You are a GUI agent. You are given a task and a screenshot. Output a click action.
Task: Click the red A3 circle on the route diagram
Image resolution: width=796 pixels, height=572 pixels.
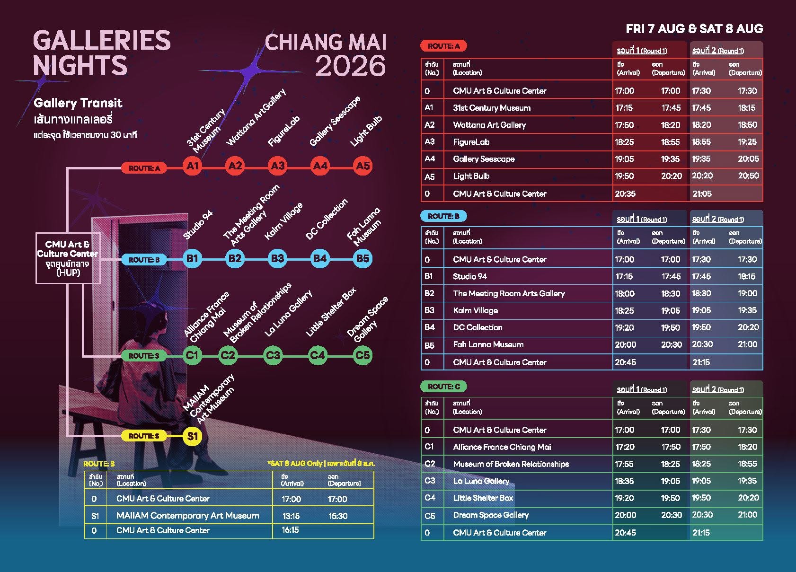tap(278, 166)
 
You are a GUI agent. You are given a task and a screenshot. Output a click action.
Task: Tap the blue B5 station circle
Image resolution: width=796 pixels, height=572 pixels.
tap(363, 258)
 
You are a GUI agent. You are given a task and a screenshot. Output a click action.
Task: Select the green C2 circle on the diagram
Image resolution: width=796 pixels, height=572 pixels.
tap(228, 355)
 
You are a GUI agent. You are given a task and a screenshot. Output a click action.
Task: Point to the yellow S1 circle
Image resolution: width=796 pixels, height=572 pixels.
tap(192, 436)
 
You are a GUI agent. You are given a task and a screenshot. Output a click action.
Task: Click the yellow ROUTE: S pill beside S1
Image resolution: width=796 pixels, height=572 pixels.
tap(144, 436)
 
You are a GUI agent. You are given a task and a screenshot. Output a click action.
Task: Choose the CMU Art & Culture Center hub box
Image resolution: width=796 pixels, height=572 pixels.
tap(68, 258)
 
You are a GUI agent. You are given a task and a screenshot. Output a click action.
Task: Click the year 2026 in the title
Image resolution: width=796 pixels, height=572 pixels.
tap(350, 66)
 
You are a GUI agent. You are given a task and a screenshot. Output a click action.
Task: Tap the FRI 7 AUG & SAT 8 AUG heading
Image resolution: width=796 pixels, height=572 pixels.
tap(694, 29)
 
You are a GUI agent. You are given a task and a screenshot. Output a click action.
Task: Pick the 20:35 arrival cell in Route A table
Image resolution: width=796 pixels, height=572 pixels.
tap(625, 194)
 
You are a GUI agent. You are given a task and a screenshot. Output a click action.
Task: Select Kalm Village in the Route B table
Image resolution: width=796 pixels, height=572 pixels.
tap(475, 310)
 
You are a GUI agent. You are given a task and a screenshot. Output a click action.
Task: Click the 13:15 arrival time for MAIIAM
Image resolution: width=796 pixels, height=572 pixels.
tap(291, 516)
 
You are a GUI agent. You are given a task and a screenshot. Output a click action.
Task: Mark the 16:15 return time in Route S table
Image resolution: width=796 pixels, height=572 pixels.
tap(290, 530)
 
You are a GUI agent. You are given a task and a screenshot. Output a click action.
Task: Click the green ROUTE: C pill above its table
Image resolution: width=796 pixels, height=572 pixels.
tap(443, 387)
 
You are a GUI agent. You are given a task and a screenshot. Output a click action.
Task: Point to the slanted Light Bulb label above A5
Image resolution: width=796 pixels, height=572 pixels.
tap(366, 131)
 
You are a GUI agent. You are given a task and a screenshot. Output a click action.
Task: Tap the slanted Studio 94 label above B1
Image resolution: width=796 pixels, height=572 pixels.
tap(198, 225)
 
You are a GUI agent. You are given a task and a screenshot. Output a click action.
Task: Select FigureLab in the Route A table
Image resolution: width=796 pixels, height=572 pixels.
tap(471, 142)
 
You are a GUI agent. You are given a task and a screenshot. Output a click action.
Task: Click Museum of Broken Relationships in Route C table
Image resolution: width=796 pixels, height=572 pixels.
tap(511, 464)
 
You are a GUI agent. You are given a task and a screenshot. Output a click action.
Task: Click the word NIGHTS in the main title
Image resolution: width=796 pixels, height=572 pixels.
tap(80, 65)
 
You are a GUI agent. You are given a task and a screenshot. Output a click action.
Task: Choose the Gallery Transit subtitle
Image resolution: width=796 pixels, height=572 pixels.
tap(78, 103)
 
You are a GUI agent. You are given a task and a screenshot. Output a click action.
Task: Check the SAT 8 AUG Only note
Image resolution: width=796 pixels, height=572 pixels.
tap(321, 463)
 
